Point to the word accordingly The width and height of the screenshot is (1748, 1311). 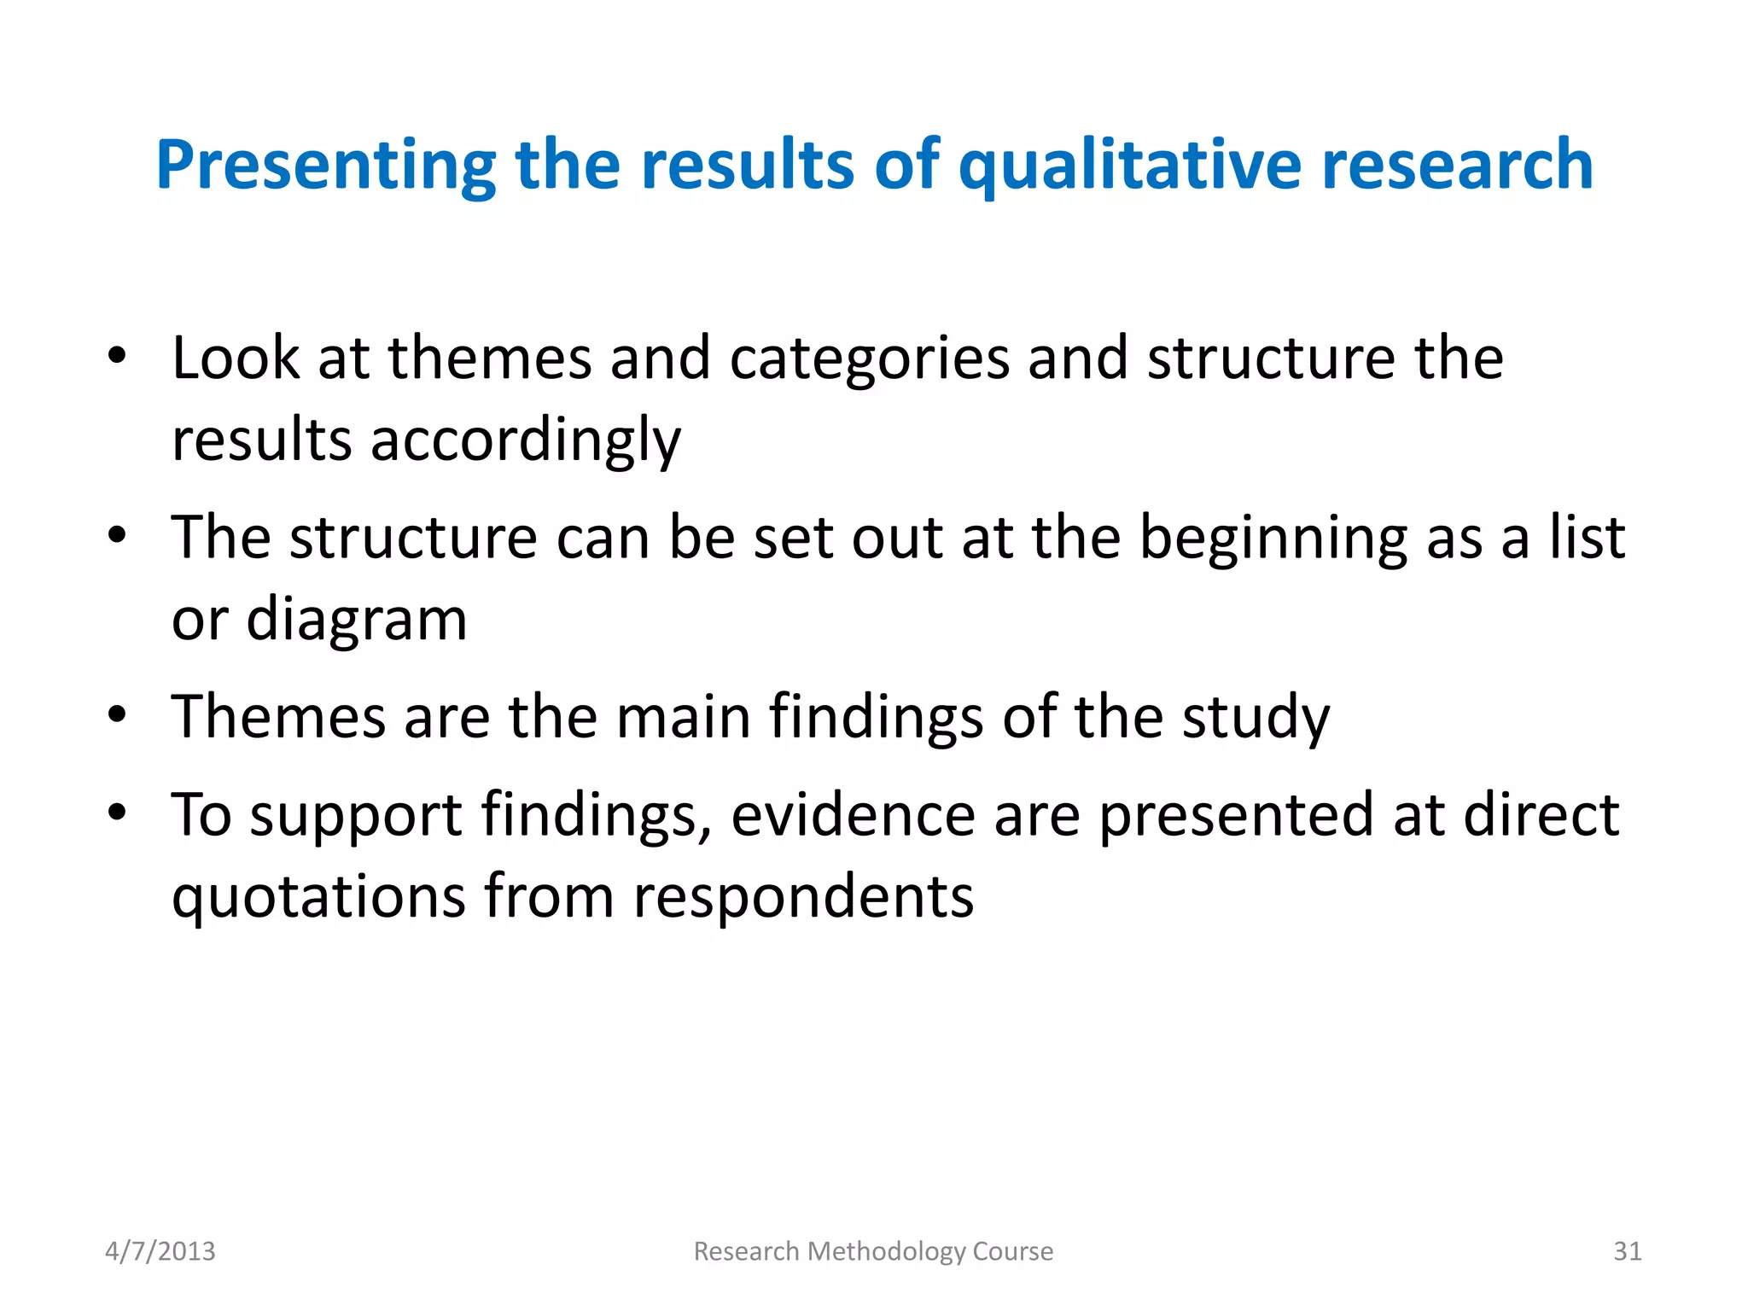(525, 441)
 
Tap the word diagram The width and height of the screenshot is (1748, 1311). (357, 621)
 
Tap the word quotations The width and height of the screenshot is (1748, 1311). (318, 897)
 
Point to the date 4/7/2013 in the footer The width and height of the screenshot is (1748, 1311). (160, 1251)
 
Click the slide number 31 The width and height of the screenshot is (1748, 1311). (1627, 1251)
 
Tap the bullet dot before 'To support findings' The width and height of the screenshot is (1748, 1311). (118, 812)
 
